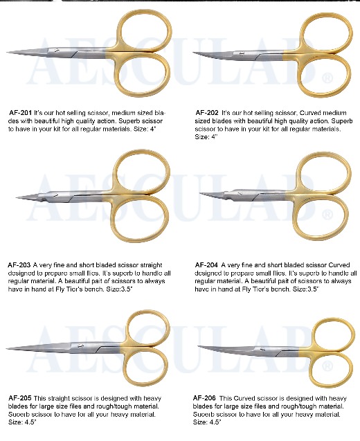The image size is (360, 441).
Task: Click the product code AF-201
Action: pos(20,111)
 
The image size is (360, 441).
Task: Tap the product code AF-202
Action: pos(207,111)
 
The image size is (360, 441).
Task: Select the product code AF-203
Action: pos(19,264)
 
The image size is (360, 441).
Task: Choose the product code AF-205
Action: pos(19,397)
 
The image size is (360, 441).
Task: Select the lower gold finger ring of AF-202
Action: pos(327,72)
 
